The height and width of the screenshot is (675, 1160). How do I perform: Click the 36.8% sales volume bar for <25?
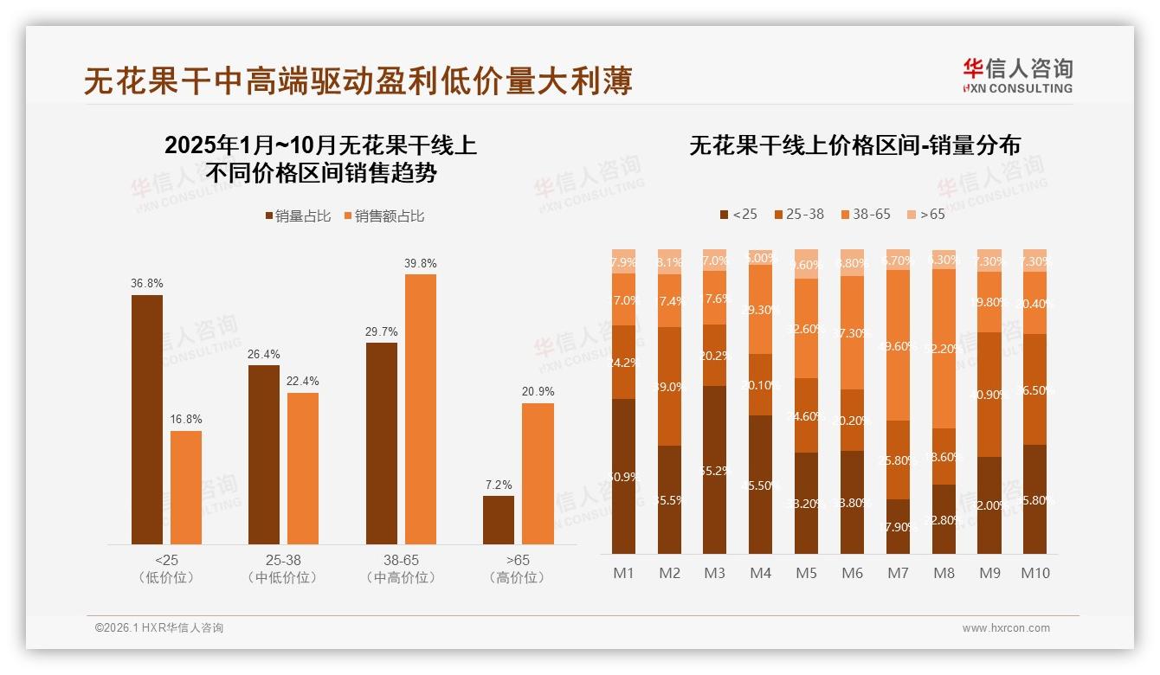(x=147, y=420)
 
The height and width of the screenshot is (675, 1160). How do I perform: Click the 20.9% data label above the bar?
(x=538, y=392)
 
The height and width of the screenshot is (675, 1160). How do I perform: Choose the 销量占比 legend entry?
(x=298, y=216)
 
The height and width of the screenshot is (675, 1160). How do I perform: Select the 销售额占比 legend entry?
(x=383, y=216)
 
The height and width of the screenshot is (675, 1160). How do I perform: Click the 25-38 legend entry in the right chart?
(x=798, y=214)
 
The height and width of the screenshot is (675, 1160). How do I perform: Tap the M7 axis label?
(x=899, y=573)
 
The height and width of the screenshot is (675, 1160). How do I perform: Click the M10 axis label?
(x=1034, y=573)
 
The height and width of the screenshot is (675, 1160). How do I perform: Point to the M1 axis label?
(x=623, y=573)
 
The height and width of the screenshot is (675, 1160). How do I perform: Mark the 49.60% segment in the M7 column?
(x=899, y=345)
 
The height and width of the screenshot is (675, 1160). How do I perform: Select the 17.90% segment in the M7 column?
(x=899, y=526)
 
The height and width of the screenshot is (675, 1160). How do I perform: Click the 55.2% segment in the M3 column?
(x=715, y=470)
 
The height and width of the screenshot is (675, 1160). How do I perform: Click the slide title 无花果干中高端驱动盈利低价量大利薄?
(x=358, y=81)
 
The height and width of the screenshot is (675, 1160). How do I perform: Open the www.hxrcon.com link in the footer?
(x=1006, y=628)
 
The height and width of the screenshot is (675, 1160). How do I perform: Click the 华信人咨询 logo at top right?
(x=1018, y=75)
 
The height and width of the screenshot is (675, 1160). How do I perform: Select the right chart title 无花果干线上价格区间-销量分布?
(x=854, y=145)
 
